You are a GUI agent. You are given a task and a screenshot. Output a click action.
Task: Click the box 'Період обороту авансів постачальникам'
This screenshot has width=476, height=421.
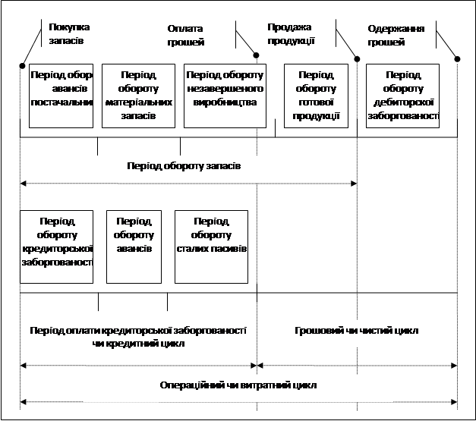click(61, 96)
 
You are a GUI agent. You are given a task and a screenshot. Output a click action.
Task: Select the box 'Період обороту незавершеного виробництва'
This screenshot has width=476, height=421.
click(225, 96)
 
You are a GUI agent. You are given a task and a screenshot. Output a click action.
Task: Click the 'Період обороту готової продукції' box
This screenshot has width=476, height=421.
click(316, 96)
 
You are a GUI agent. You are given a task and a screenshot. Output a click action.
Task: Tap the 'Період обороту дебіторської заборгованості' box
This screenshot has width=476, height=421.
click(403, 96)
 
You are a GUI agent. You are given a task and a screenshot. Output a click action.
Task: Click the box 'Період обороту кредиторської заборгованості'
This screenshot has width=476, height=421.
click(56, 246)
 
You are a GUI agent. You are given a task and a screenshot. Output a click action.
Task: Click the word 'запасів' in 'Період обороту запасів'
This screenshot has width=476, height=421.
click(223, 166)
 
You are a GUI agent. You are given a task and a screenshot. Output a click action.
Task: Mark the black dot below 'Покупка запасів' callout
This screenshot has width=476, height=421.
click(24, 66)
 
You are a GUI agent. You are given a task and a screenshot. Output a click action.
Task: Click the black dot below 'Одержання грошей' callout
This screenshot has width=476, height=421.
click(457, 60)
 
